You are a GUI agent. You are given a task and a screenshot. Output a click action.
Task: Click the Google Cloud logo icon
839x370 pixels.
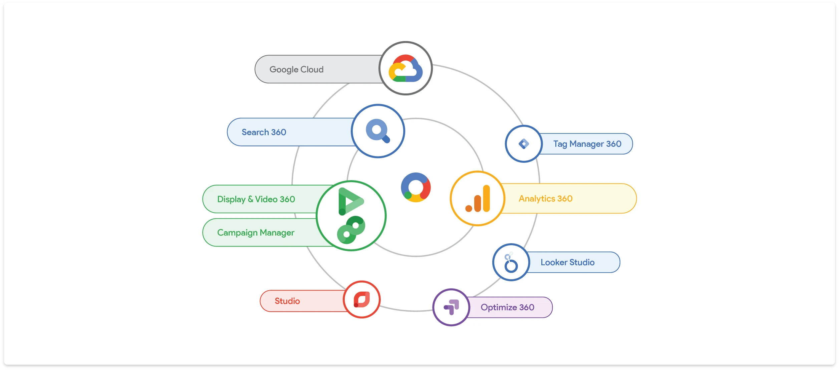(x=405, y=68)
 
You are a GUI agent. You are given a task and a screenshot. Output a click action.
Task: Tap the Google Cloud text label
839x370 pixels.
(x=296, y=69)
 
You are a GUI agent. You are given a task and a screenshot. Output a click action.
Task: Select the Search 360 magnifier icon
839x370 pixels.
(x=378, y=131)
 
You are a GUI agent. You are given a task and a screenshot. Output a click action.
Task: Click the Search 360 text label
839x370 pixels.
(x=264, y=132)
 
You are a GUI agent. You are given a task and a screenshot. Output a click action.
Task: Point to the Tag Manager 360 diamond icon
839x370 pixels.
(x=524, y=144)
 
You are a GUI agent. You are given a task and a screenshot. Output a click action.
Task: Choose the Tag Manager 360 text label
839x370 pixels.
(x=587, y=144)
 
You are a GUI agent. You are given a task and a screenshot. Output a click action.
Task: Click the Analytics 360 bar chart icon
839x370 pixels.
(x=478, y=199)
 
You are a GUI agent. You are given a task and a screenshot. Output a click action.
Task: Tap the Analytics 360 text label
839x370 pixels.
(x=545, y=199)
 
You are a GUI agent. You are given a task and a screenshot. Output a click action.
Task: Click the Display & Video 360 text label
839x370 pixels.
(x=256, y=199)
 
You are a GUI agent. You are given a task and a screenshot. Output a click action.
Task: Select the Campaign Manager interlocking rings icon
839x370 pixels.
(x=351, y=230)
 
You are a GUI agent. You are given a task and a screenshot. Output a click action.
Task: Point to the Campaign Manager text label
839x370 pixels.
(x=256, y=233)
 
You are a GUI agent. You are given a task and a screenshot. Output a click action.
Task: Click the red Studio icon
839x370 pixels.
(x=362, y=299)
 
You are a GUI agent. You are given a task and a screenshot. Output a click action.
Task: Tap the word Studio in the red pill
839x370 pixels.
(x=287, y=301)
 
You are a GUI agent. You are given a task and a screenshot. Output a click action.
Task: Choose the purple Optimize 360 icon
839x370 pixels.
(x=451, y=307)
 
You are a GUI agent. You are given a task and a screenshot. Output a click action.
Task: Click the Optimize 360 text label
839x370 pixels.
(x=507, y=307)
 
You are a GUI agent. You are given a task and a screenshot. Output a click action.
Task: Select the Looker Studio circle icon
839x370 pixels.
(x=511, y=263)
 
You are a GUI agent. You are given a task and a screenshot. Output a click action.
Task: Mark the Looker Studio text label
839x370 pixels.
(x=567, y=262)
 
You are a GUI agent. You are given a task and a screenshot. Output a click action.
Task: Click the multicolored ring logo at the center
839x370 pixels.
(x=415, y=187)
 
